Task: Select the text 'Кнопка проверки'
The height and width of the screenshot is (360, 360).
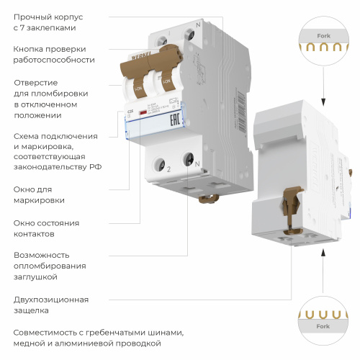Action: click(x=45, y=49)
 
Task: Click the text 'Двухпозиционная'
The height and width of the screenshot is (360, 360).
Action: click(x=51, y=299)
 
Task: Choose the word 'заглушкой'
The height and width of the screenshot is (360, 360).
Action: click(x=37, y=276)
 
